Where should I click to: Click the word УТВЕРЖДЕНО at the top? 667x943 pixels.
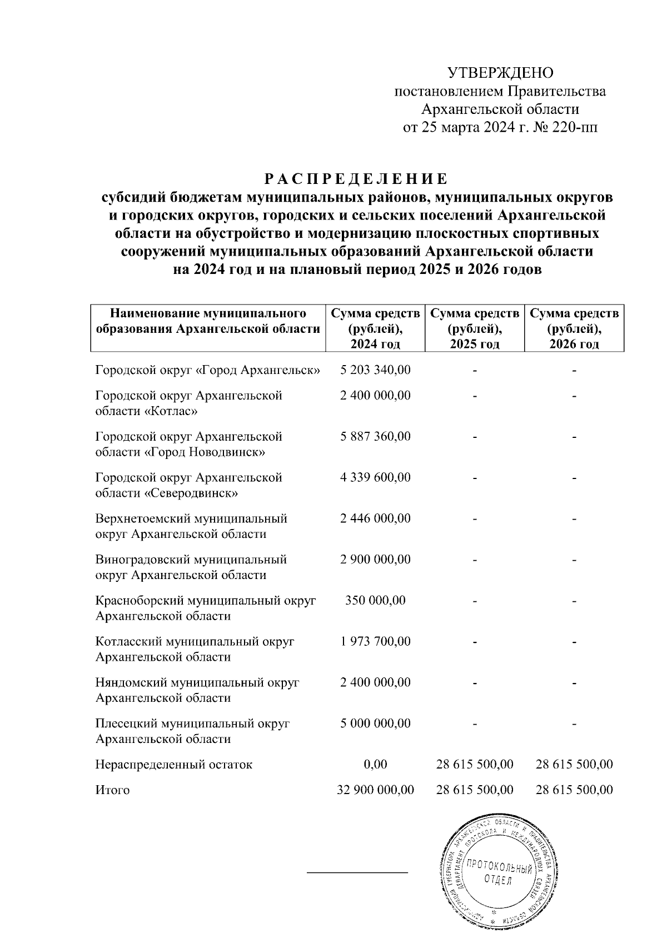tap(500, 73)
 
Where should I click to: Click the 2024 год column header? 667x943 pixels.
tap(375, 328)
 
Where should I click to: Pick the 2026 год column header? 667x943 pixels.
tap(574, 328)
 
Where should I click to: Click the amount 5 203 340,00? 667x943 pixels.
tap(375, 370)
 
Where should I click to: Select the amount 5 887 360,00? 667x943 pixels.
tap(375, 436)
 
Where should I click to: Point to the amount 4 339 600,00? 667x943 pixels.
tap(375, 477)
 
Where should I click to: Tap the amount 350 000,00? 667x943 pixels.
tap(375, 600)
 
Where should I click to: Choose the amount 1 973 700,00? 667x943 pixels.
tap(375, 641)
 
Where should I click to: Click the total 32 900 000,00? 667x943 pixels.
tap(375, 790)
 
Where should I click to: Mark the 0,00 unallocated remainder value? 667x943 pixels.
tap(375, 764)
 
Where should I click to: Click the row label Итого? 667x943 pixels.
tap(112, 790)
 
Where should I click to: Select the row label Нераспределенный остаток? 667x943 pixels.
tap(173, 764)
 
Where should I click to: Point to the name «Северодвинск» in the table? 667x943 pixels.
tap(191, 493)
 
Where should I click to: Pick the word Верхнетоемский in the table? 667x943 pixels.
tap(142, 518)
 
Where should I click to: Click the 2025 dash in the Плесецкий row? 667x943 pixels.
tap(475, 724)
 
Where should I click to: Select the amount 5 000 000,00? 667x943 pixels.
tap(375, 724)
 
